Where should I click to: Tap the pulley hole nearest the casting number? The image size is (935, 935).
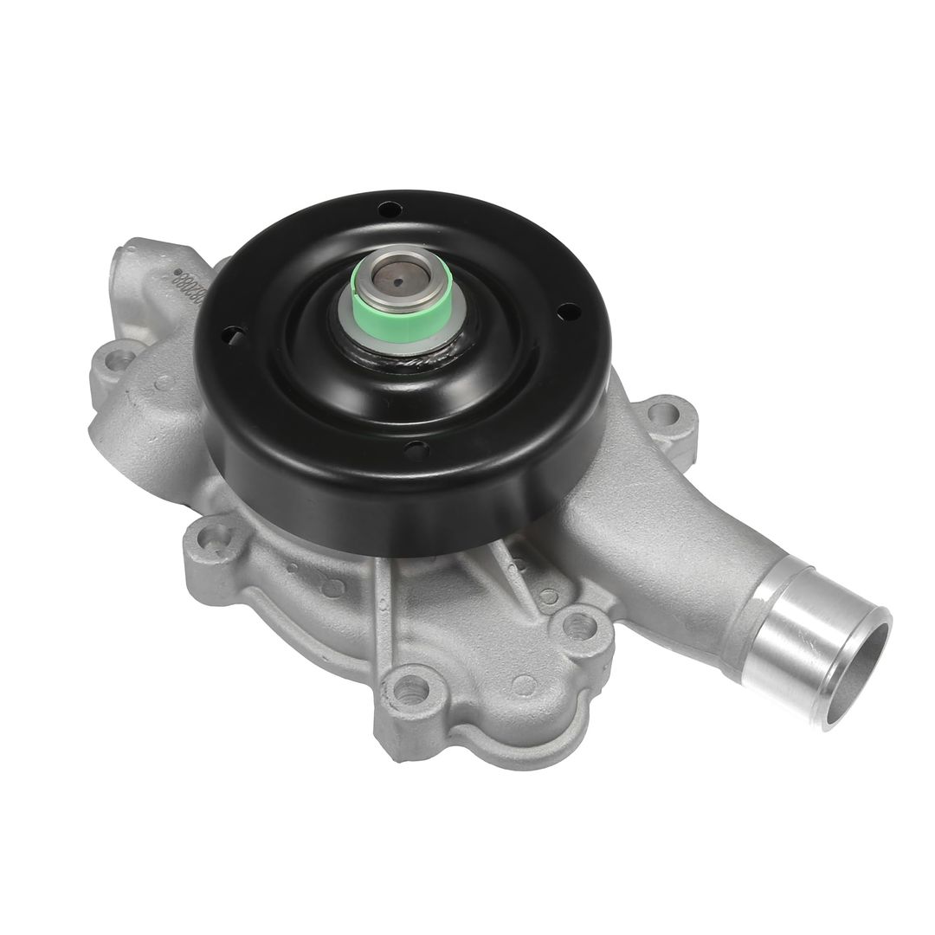click(230, 335)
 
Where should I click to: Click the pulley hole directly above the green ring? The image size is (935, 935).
click(389, 210)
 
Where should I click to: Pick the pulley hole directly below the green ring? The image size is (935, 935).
click(416, 449)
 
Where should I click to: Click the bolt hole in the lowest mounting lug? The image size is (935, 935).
click(410, 690)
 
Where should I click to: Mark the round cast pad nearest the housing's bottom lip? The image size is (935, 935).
click(523, 686)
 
